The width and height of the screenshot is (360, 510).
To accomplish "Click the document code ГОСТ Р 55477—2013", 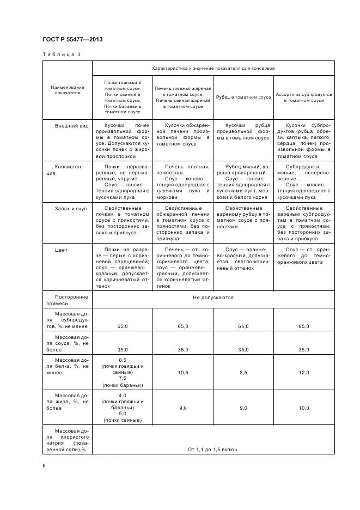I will pos(72,40).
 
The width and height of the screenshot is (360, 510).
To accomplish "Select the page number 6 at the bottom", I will pos(45,465).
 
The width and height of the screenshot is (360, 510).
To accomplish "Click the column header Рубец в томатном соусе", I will pos(243,97).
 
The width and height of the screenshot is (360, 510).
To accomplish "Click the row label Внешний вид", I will pos(71,125).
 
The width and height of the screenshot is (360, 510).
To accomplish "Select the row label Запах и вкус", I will pos(71,209).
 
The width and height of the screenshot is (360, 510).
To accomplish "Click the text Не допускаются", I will pos(213,298).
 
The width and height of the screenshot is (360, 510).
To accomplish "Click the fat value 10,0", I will pos(304,408).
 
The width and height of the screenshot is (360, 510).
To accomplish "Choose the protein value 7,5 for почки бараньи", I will pos(122,378).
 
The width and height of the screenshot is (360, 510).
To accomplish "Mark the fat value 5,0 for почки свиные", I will pos(122,414).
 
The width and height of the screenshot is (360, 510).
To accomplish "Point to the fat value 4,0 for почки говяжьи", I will pos(122,396).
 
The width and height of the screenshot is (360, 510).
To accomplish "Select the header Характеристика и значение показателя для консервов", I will pos(213,69).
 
